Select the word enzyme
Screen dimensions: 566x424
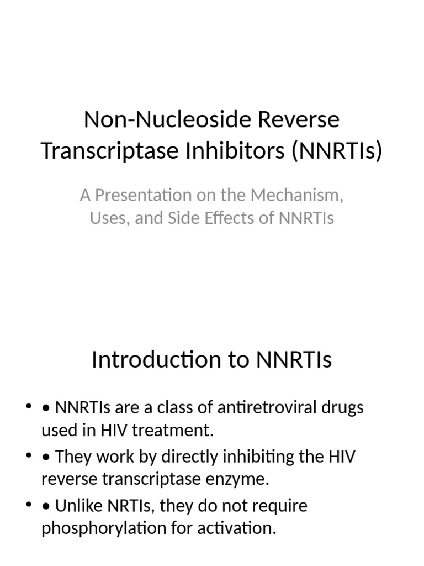click(242, 480)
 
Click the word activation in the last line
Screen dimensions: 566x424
click(240, 528)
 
